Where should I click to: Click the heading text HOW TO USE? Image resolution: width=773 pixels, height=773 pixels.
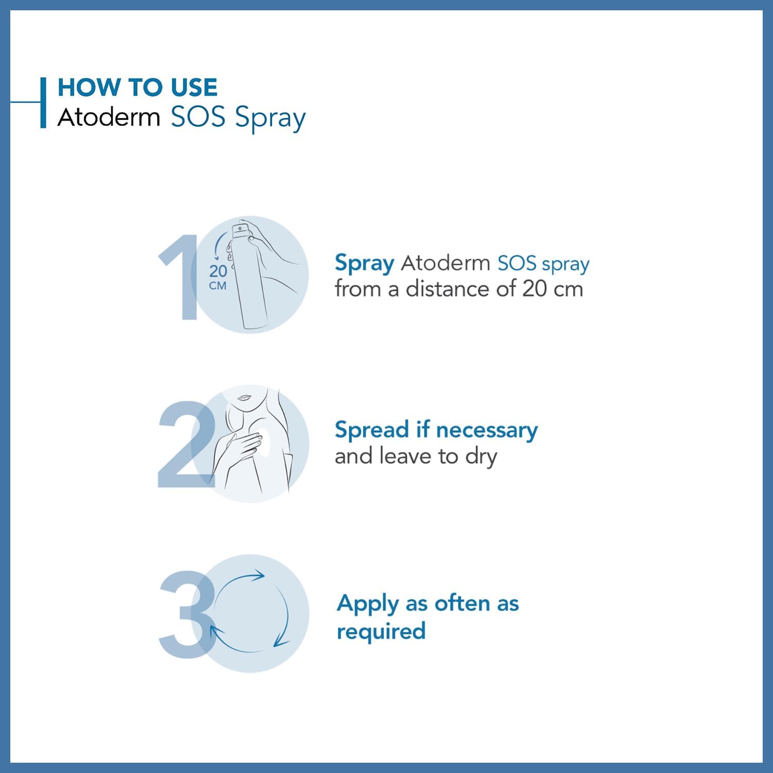pos(138,87)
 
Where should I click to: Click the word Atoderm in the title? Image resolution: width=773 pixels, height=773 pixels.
pos(109,117)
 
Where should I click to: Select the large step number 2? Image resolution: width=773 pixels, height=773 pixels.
pos(186,444)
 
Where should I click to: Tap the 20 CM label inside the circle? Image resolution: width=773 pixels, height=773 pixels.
pos(218,277)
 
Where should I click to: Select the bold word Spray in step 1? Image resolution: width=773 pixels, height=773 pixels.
pos(364,263)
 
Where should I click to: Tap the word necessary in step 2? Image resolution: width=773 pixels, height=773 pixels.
pos(486,430)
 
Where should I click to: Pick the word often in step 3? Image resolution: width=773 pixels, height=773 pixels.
pos(462,603)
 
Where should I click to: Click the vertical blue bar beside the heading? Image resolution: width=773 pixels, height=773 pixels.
pos(43,103)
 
